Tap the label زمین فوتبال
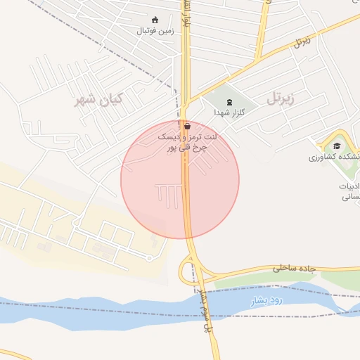(x=154, y=31)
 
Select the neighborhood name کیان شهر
(x=98, y=100)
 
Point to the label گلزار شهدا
(x=229, y=112)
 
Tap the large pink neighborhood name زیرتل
(x=288, y=98)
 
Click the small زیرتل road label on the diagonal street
(x=302, y=41)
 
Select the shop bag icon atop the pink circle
(x=186, y=126)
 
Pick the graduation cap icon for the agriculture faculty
(x=337, y=146)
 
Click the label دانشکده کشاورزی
(x=333, y=157)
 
